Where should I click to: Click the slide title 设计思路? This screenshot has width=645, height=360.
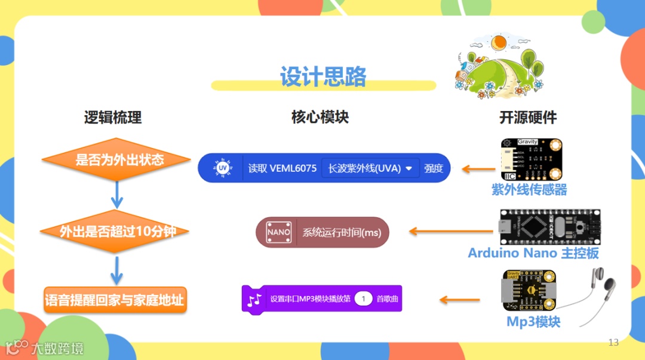323,77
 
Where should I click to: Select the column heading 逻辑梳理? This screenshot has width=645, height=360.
113,117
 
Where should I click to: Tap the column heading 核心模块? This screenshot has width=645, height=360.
320,117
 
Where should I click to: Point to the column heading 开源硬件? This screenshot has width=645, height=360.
528,117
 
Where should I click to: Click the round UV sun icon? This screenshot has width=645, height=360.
223,168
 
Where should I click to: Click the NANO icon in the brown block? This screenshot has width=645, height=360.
278,232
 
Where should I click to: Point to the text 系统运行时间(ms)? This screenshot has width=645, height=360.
342,233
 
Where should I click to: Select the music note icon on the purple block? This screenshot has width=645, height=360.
255,299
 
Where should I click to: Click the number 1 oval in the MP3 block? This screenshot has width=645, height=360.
363,299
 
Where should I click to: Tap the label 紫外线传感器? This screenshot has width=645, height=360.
529,190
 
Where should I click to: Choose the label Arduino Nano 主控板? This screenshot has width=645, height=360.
533,253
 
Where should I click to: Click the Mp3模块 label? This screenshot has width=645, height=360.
533,322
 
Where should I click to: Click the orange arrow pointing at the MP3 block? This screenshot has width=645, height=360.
459,299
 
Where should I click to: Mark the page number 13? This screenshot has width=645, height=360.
613,342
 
